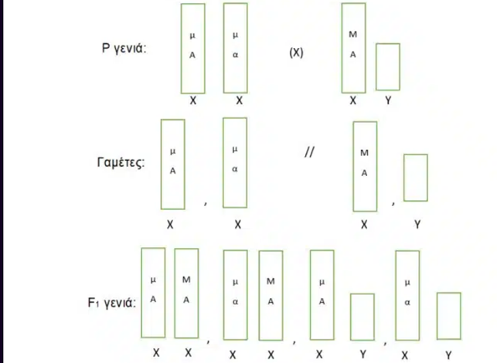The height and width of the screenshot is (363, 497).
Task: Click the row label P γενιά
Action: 124,49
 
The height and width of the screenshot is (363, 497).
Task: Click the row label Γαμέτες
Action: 121,162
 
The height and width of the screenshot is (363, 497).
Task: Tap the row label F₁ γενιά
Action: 111,303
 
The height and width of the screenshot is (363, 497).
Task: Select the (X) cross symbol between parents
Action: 296,53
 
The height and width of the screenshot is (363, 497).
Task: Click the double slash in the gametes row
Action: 309,152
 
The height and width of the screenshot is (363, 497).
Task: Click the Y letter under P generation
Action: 388,100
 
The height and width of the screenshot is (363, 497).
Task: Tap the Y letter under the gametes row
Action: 417,225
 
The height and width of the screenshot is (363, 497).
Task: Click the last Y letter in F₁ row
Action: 448,355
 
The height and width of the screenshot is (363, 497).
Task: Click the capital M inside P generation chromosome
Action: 352,34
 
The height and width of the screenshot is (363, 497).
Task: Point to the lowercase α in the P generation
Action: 235,55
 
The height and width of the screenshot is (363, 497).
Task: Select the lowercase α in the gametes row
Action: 234,169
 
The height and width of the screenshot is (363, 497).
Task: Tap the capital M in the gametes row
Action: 365,153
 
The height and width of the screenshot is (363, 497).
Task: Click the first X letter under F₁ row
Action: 156,353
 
